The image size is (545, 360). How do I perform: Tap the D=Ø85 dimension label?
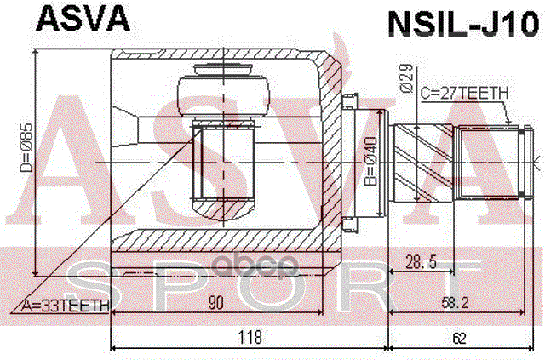click(x=24, y=157)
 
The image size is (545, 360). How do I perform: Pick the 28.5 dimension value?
click(x=421, y=262)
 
